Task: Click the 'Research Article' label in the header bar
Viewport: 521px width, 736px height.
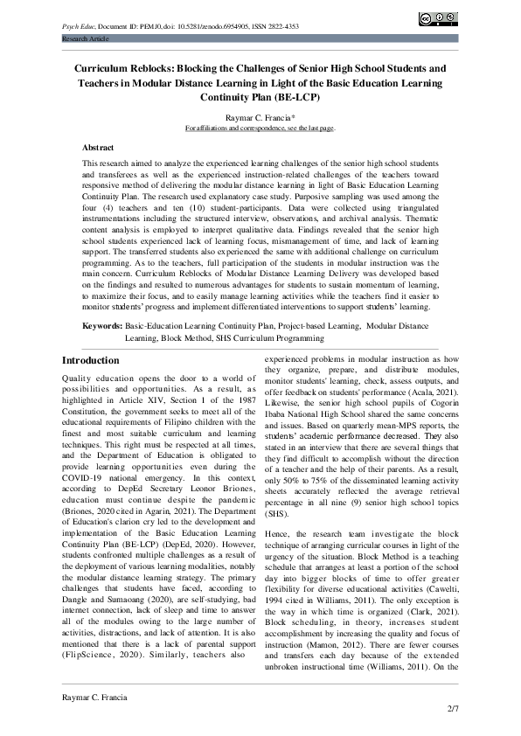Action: tap(85, 40)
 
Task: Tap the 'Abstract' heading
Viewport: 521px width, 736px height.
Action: tap(98, 148)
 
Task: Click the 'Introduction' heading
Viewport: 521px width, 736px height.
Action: tap(91, 360)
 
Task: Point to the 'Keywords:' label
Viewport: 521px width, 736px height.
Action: tap(101, 324)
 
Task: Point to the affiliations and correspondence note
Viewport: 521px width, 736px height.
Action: tap(260, 128)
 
